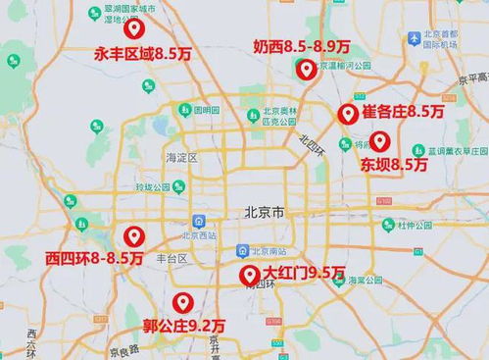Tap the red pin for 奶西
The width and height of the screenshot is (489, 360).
click(x=307, y=69)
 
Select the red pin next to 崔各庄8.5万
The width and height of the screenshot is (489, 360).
click(x=347, y=114)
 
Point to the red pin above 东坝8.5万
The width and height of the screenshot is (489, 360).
click(x=380, y=141)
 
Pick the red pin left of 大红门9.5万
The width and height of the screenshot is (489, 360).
click(x=249, y=275)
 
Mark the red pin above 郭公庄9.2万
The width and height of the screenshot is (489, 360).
click(x=181, y=302)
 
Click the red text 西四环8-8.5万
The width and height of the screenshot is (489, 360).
click(x=93, y=258)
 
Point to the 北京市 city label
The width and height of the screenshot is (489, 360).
click(x=265, y=212)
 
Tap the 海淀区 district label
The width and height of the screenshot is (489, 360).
click(x=182, y=157)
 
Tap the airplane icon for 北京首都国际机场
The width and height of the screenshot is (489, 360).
click(x=416, y=38)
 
